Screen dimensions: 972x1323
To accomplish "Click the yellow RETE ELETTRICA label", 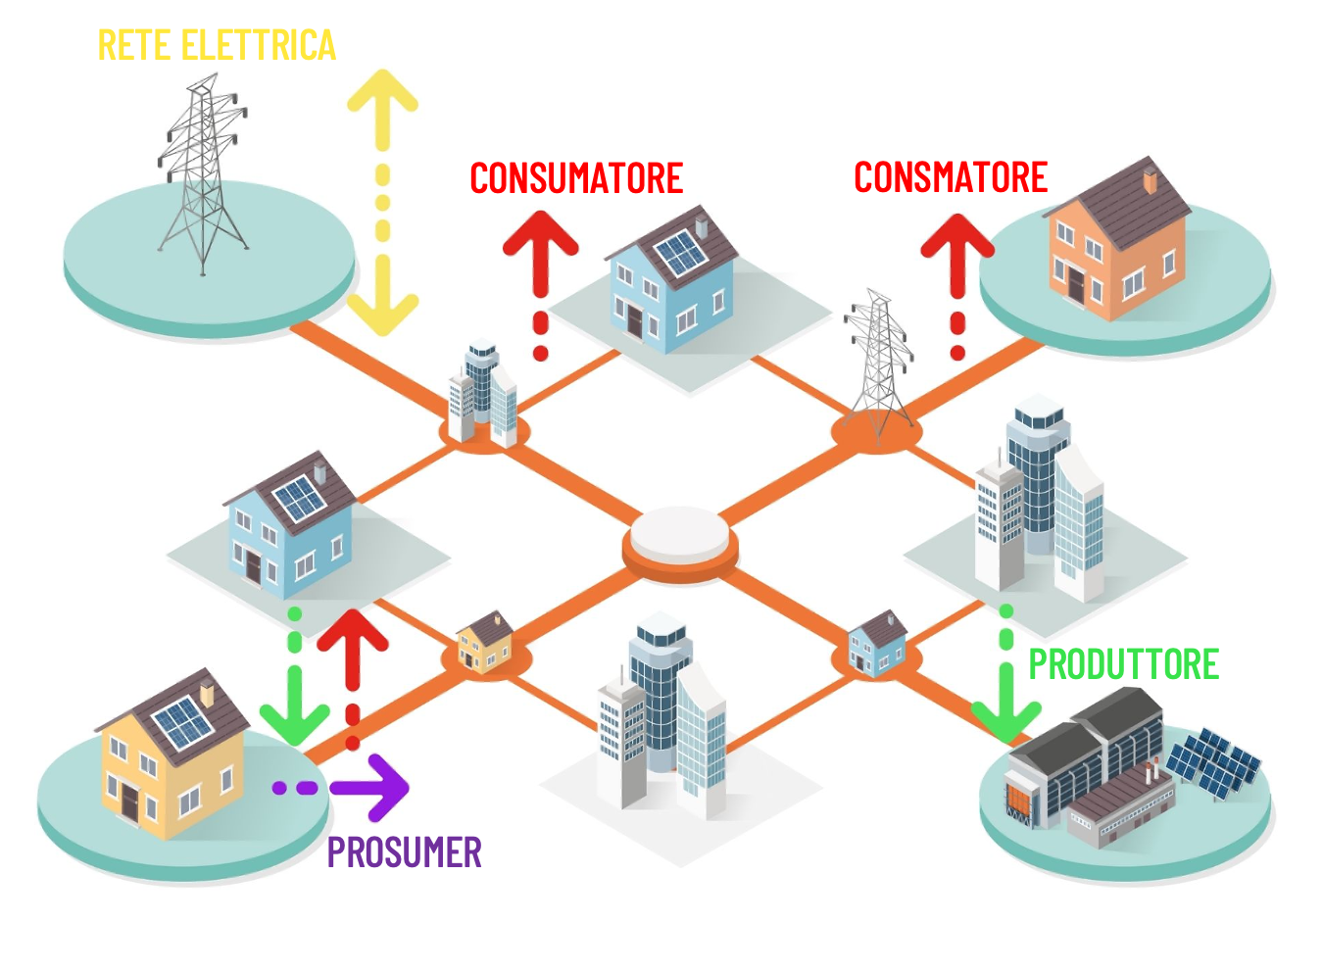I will click(217, 46).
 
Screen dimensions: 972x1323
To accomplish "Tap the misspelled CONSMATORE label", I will click(951, 178).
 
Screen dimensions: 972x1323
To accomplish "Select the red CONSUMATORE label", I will click(576, 179).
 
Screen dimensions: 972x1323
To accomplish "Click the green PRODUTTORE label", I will click(1123, 665).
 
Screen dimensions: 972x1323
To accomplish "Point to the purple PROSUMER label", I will click(404, 853).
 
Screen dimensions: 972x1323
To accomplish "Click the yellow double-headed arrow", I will click(382, 202).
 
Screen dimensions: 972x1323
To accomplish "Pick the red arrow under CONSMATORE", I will click(957, 279).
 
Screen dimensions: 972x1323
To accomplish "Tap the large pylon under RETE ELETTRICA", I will click(202, 176).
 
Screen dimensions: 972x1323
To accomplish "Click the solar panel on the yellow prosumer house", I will click(182, 724).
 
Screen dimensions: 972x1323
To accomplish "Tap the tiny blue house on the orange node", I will click(877, 644).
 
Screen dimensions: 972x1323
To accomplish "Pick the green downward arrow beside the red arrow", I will click(295, 686).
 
